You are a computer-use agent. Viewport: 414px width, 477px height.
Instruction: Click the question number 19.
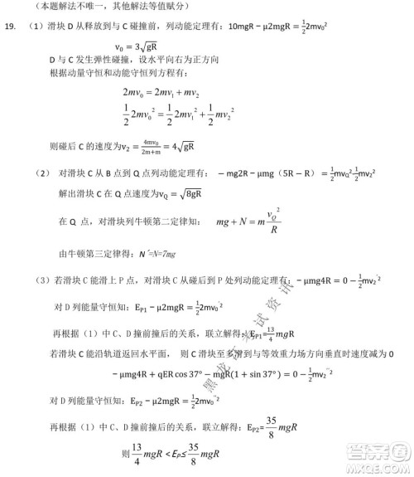pos(10,26)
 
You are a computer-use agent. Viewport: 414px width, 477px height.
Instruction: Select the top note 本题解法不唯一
pos(60,6)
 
